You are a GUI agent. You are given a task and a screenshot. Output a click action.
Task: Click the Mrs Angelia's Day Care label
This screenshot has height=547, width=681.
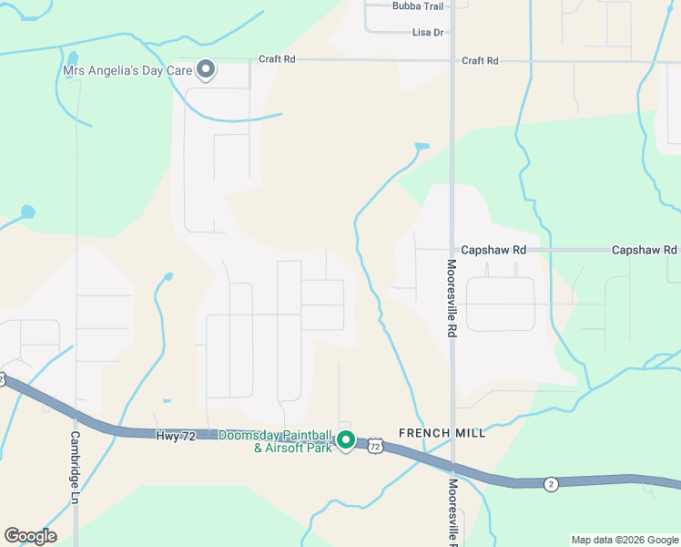tap(127, 69)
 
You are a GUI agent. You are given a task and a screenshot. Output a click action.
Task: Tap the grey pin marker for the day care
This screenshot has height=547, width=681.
tap(206, 68)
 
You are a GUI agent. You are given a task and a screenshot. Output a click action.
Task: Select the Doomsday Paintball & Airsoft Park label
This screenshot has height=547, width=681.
tap(277, 441)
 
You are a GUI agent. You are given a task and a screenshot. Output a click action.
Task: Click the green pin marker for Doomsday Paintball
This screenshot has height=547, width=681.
tap(346, 440)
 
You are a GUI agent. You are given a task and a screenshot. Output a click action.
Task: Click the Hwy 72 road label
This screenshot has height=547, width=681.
tap(176, 437)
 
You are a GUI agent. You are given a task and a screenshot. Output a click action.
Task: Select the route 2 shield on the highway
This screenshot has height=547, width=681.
tap(551, 483)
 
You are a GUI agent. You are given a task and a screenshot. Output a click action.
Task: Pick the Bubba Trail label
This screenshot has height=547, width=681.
tap(417, 5)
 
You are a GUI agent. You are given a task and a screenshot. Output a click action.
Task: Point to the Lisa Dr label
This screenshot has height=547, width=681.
tap(428, 32)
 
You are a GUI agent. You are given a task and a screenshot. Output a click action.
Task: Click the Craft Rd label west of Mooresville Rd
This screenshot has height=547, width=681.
tap(277, 59)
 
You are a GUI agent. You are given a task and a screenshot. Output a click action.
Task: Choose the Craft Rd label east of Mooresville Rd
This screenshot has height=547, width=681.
tap(480, 60)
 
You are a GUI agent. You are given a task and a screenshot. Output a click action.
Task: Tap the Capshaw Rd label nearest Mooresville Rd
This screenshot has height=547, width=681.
tap(493, 249)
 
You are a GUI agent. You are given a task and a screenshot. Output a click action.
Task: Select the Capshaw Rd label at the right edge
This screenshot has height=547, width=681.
tap(645, 249)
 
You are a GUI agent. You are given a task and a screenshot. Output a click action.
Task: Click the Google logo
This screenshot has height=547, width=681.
tap(30, 535)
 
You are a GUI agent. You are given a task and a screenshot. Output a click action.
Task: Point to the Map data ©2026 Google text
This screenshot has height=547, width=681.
tap(625, 540)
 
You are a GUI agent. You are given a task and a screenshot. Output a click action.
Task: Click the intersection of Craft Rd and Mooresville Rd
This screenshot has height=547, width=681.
tap(452, 61)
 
